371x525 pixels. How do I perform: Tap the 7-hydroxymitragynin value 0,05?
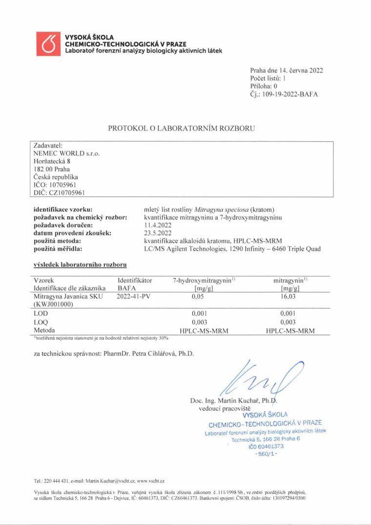[x=197, y=296]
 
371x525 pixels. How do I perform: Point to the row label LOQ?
[x=41, y=322]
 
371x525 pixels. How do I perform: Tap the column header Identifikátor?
[x=135, y=281]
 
